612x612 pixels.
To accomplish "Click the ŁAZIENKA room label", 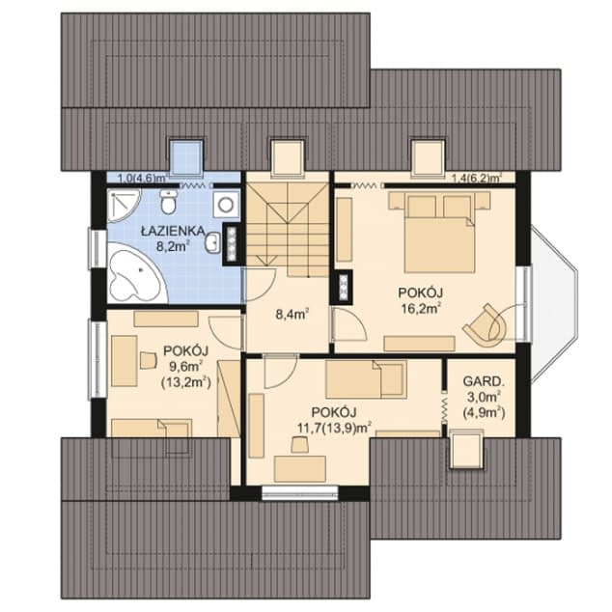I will point(170,231).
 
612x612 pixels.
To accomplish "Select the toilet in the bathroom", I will point(169,202).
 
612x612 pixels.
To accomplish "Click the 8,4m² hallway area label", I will point(290,314).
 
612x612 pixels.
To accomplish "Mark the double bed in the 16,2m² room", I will point(439,232).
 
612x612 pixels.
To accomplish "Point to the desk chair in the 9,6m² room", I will point(148,360).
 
